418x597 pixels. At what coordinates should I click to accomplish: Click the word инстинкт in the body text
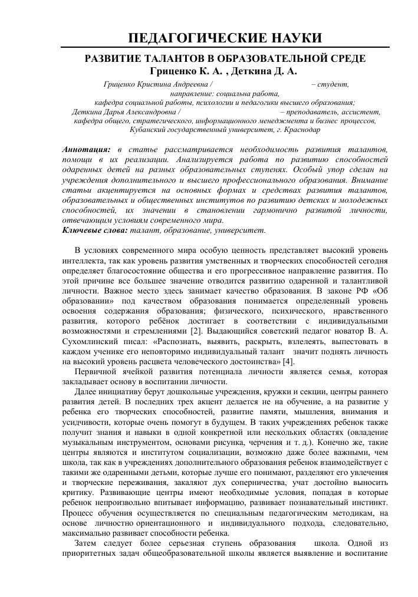click(x=369, y=505)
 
